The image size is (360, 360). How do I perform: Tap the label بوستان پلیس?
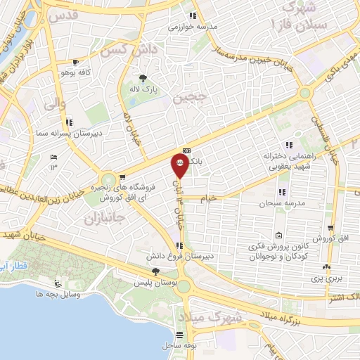(x=155, y=282)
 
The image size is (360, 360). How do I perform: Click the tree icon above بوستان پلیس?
(x=155, y=271)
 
